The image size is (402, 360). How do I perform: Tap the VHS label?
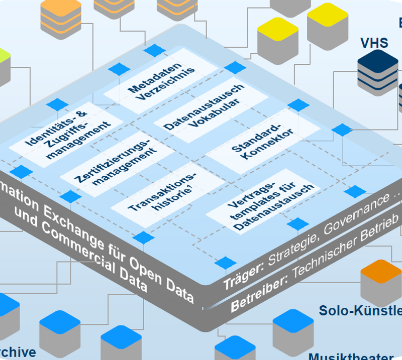click(374, 43)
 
